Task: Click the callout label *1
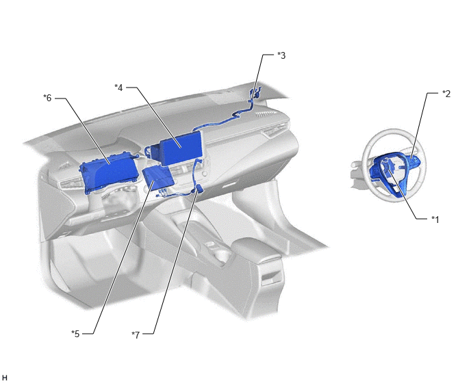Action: (x=435, y=220)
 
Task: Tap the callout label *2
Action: (x=446, y=94)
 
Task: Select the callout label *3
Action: (x=281, y=55)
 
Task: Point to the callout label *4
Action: (x=118, y=88)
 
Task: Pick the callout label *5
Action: (x=75, y=334)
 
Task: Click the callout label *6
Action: (x=47, y=98)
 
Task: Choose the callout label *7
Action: (x=136, y=335)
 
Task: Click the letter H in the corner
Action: (x=5, y=378)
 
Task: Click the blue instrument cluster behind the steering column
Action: (x=110, y=174)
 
